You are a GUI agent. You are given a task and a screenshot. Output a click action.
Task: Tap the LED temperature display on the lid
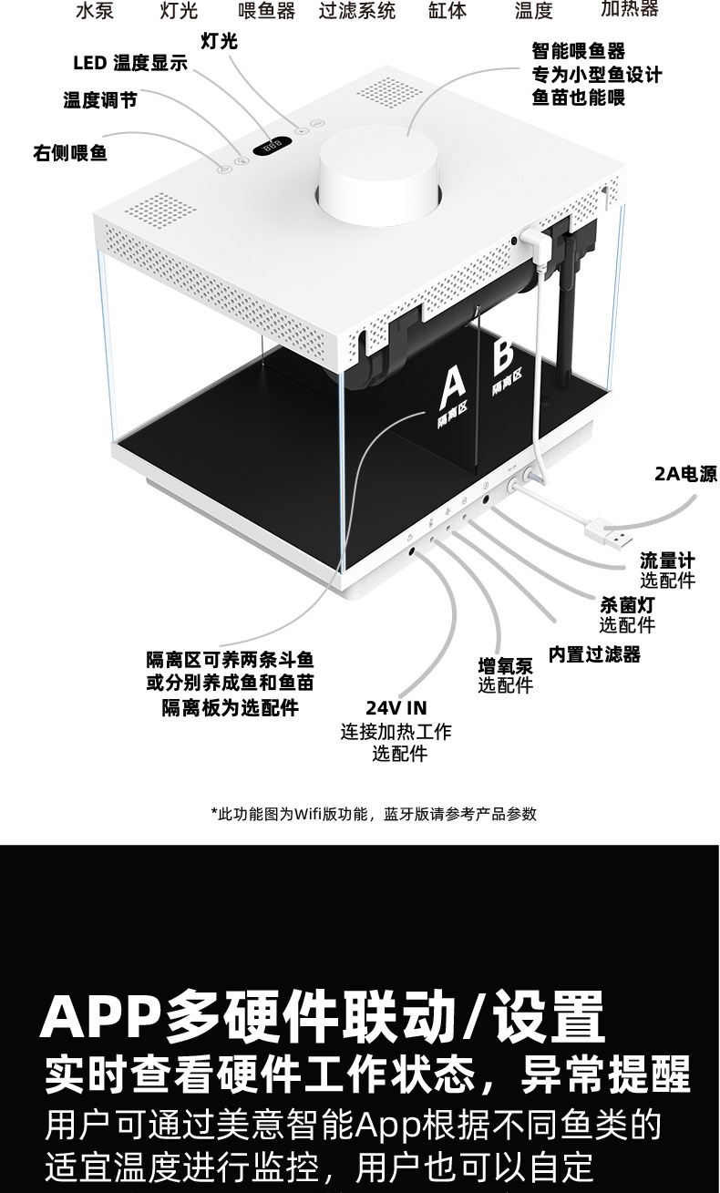click(x=272, y=146)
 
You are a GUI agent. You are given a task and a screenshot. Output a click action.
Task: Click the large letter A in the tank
click(x=452, y=387)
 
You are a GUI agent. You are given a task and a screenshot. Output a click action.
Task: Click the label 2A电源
click(x=685, y=474)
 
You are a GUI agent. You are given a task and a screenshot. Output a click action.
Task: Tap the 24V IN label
click(x=396, y=708)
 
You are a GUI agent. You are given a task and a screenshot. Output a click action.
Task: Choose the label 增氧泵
click(x=505, y=665)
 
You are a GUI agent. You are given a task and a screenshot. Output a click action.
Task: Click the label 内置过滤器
click(x=594, y=654)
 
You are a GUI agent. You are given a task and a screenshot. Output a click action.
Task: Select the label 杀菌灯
click(x=626, y=604)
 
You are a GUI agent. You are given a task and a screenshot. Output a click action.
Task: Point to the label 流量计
click(x=666, y=561)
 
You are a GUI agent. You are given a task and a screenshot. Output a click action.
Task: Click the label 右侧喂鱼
click(x=70, y=153)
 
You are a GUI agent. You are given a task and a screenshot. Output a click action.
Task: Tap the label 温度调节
click(x=100, y=100)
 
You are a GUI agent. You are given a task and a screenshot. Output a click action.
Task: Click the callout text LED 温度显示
click(x=130, y=63)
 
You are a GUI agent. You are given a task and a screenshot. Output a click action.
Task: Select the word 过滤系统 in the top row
click(x=357, y=11)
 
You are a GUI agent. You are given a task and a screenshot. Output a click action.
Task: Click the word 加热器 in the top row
click(x=629, y=10)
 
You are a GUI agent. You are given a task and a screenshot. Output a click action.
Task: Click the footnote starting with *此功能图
click(x=373, y=814)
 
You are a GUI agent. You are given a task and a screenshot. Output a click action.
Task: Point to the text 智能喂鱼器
click(x=579, y=52)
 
